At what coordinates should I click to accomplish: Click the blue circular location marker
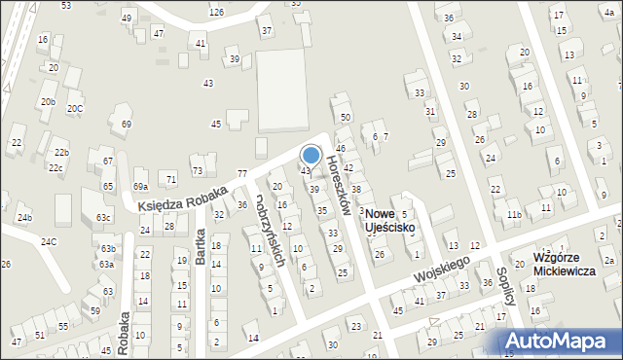click(311, 155)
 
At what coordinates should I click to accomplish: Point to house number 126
click(216, 12)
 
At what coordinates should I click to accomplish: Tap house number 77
click(242, 172)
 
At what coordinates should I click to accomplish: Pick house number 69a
click(140, 186)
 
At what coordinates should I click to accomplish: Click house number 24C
click(48, 241)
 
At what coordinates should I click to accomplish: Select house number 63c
click(103, 218)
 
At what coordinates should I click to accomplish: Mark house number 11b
click(515, 214)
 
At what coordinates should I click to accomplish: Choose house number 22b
click(61, 153)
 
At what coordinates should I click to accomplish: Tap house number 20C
click(75, 109)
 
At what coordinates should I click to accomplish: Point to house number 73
click(197, 171)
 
